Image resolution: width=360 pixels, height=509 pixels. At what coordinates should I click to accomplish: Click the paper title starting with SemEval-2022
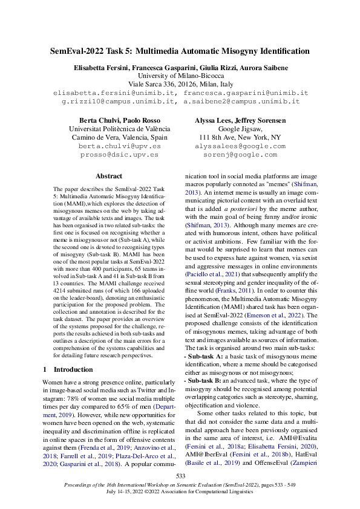(x=180, y=51)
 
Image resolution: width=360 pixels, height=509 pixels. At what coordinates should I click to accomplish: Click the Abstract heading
(x=109, y=176)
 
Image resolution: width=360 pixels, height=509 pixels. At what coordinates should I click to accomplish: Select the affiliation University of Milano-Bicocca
(x=180, y=76)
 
